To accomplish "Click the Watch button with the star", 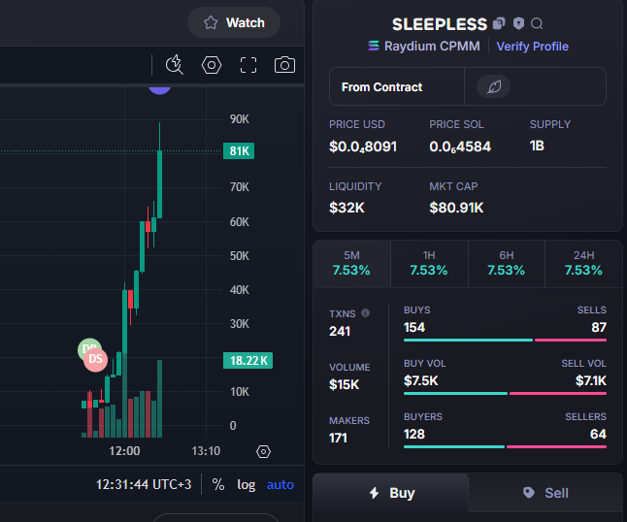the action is [x=234, y=22].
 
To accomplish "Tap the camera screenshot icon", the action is [x=284, y=65].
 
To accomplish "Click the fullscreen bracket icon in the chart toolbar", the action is [x=248, y=65].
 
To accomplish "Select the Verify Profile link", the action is [x=532, y=47].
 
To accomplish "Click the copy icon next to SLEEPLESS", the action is [x=499, y=23].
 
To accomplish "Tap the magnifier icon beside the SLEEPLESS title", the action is [x=537, y=24].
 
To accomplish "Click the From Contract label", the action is [x=381, y=87].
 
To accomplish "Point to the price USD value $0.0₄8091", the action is [x=363, y=147].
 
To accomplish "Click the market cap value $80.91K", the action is [x=456, y=208].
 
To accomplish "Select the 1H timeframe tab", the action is [x=429, y=264].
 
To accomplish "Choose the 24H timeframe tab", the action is [x=583, y=264].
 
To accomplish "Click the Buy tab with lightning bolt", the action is [x=391, y=493].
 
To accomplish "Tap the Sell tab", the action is [x=545, y=493].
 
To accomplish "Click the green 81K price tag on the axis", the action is [x=239, y=151].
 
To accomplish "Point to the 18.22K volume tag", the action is [x=247, y=361].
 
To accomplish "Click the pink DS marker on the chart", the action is [x=95, y=359].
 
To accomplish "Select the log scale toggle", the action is [x=246, y=485].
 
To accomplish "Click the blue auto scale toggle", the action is [x=280, y=485].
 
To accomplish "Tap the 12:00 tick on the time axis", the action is [x=125, y=451].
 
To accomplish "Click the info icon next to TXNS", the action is [x=366, y=313].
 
